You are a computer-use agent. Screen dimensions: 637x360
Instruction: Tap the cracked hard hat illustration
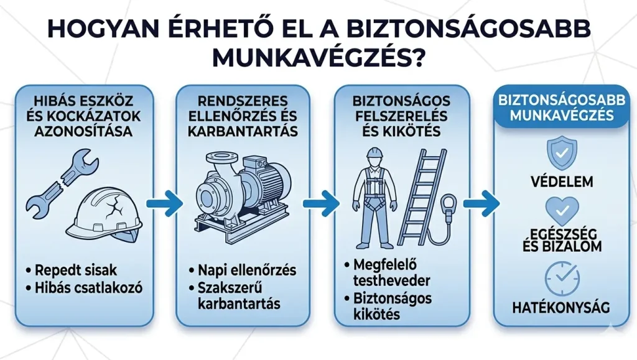(104, 215)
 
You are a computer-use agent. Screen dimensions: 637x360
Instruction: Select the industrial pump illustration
(243, 196)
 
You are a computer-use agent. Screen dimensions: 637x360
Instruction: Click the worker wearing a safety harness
(374, 198)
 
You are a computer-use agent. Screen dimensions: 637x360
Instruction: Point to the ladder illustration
(422, 196)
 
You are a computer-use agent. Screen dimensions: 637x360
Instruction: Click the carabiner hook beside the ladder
(449, 208)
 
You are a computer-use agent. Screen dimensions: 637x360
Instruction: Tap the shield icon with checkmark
(562, 152)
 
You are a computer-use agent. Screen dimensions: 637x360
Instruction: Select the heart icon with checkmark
(562, 211)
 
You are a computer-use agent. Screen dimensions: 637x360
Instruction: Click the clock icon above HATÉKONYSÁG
(562, 279)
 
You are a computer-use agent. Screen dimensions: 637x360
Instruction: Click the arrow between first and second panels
(164, 203)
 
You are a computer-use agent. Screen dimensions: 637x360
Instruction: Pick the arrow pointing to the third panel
(321, 203)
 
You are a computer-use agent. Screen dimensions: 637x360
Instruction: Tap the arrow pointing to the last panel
(481, 203)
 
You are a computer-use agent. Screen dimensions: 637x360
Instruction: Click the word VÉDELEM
(562, 182)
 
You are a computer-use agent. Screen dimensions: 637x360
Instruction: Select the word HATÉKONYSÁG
(561, 307)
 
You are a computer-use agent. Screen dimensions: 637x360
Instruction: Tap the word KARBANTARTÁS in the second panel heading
(243, 131)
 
